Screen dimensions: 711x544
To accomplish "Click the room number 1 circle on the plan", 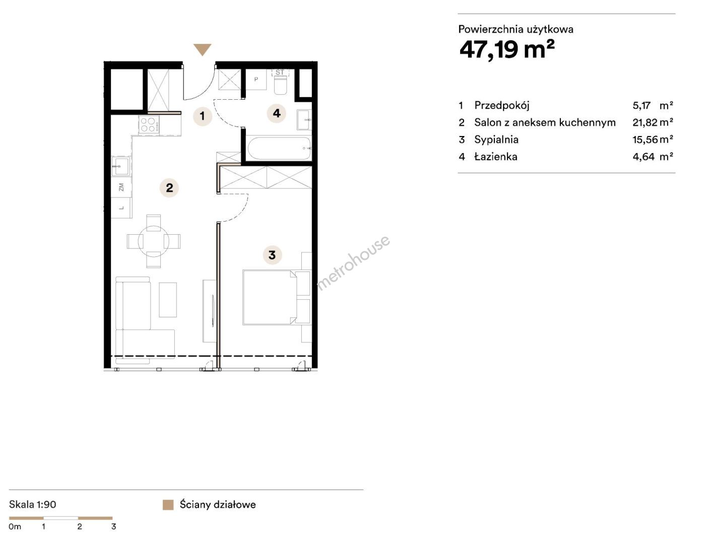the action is pos(203,116).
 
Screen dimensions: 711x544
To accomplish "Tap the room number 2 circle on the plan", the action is pos(169,188).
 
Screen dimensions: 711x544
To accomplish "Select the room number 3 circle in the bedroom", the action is pos(272,255).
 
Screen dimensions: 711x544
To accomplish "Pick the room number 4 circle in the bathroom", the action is pos(276,113).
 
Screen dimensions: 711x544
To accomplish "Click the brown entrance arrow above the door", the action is pos(203,49).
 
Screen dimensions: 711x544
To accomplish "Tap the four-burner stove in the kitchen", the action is pos(149,125).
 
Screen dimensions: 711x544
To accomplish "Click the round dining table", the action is pos(154,241).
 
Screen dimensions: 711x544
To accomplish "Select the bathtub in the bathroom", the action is pos(279,148).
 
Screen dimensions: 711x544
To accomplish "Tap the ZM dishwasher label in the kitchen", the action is pos(121,187).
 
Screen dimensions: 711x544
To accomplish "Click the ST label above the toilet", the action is pos(280,73).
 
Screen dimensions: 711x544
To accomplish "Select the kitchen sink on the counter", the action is pos(121,166).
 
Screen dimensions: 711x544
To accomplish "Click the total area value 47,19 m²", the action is pos(507,49).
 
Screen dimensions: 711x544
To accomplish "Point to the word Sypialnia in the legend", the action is pos(496,140).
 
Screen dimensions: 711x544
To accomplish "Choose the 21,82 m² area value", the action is pos(653,122).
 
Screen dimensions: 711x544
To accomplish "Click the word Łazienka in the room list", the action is pos(496,157).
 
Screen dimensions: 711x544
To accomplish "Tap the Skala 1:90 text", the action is pos(32,505).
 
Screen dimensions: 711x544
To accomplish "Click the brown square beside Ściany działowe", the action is pos(168,505).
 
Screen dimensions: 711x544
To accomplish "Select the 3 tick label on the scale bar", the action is pos(113,526).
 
